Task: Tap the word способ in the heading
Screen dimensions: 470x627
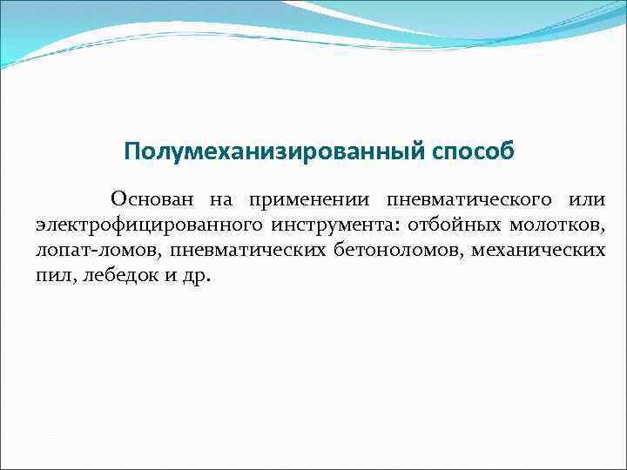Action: tap(471, 152)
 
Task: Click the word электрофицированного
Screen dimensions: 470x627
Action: tap(149, 226)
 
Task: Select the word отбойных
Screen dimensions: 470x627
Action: tap(450, 225)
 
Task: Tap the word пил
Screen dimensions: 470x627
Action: tap(51, 276)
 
